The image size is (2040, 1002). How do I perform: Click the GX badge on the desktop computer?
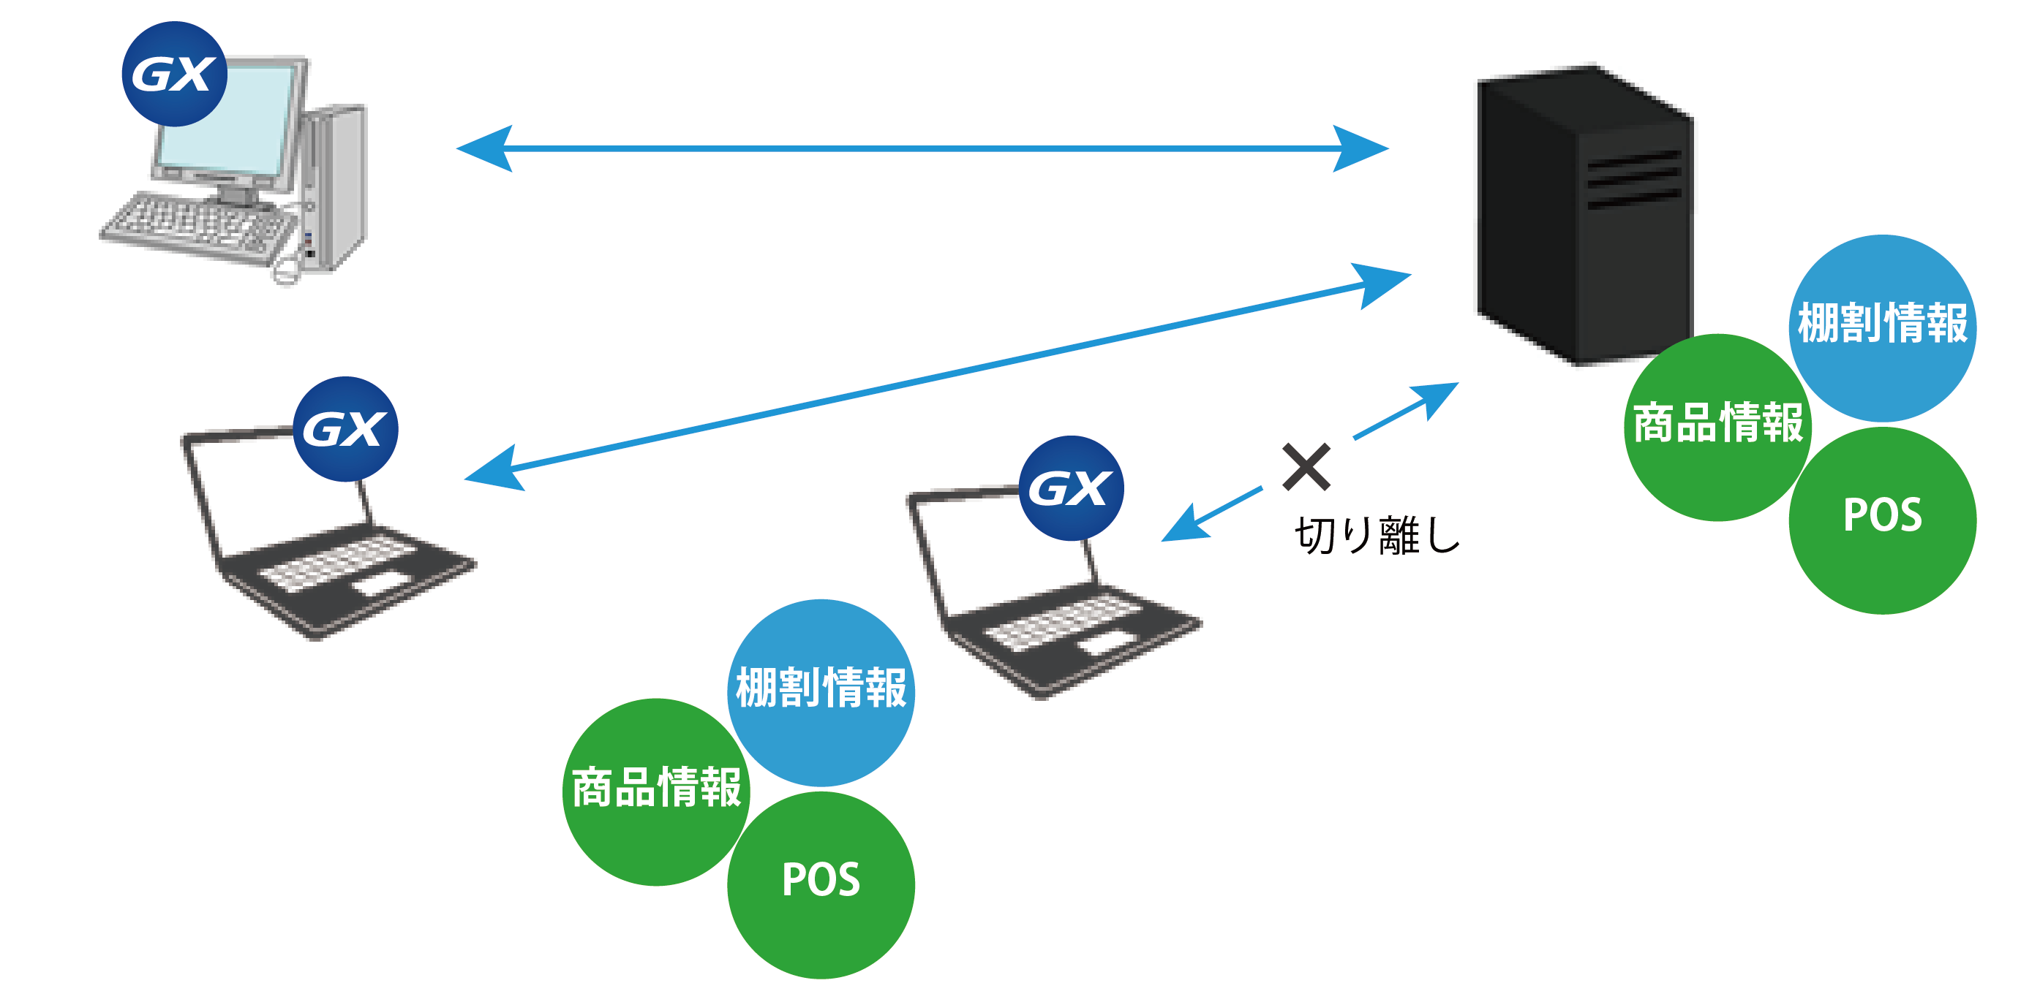[174, 74]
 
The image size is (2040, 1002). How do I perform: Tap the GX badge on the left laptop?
[345, 428]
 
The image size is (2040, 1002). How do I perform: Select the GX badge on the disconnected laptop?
[1071, 487]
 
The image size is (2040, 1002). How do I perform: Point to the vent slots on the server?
[1633, 179]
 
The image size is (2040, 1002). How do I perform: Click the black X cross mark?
[1306, 467]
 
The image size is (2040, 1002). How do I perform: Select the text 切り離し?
[1377, 535]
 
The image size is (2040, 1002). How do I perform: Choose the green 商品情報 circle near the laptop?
[655, 791]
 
